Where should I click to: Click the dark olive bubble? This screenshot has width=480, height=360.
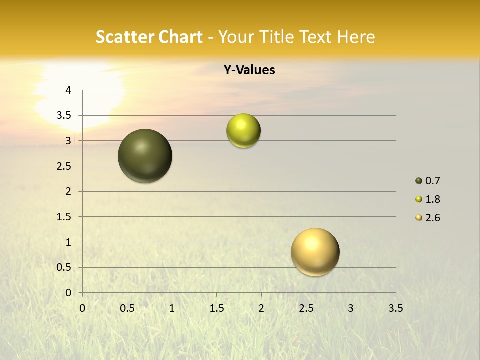(145, 156)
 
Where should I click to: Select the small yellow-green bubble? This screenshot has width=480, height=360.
(243, 131)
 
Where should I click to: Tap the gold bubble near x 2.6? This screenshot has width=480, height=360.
(315, 252)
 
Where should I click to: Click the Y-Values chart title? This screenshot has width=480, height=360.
(249, 70)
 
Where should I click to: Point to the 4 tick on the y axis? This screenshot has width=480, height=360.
(68, 90)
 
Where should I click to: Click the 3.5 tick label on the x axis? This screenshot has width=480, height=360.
(395, 308)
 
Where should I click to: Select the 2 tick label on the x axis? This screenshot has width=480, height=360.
(261, 308)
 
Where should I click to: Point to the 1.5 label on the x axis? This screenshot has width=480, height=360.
(216, 308)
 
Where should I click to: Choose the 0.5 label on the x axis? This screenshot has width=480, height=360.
(127, 308)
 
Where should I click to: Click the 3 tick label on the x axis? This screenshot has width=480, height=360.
(351, 308)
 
